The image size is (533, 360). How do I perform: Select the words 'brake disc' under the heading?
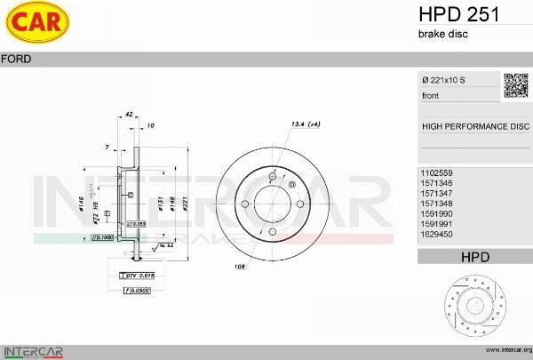click(442, 34)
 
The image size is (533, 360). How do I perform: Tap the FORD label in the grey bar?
click(17, 59)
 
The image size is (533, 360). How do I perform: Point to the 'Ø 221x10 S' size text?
click(444, 81)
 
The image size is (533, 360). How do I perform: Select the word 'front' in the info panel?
click(431, 95)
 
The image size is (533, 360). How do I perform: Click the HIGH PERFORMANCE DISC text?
click(475, 126)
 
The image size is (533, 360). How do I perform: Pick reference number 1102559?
click(436, 172)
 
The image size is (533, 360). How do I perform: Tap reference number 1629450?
click(436, 236)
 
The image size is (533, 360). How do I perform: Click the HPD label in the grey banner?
click(475, 257)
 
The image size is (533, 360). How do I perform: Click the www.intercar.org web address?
click(503, 350)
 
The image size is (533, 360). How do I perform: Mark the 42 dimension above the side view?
click(129, 115)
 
